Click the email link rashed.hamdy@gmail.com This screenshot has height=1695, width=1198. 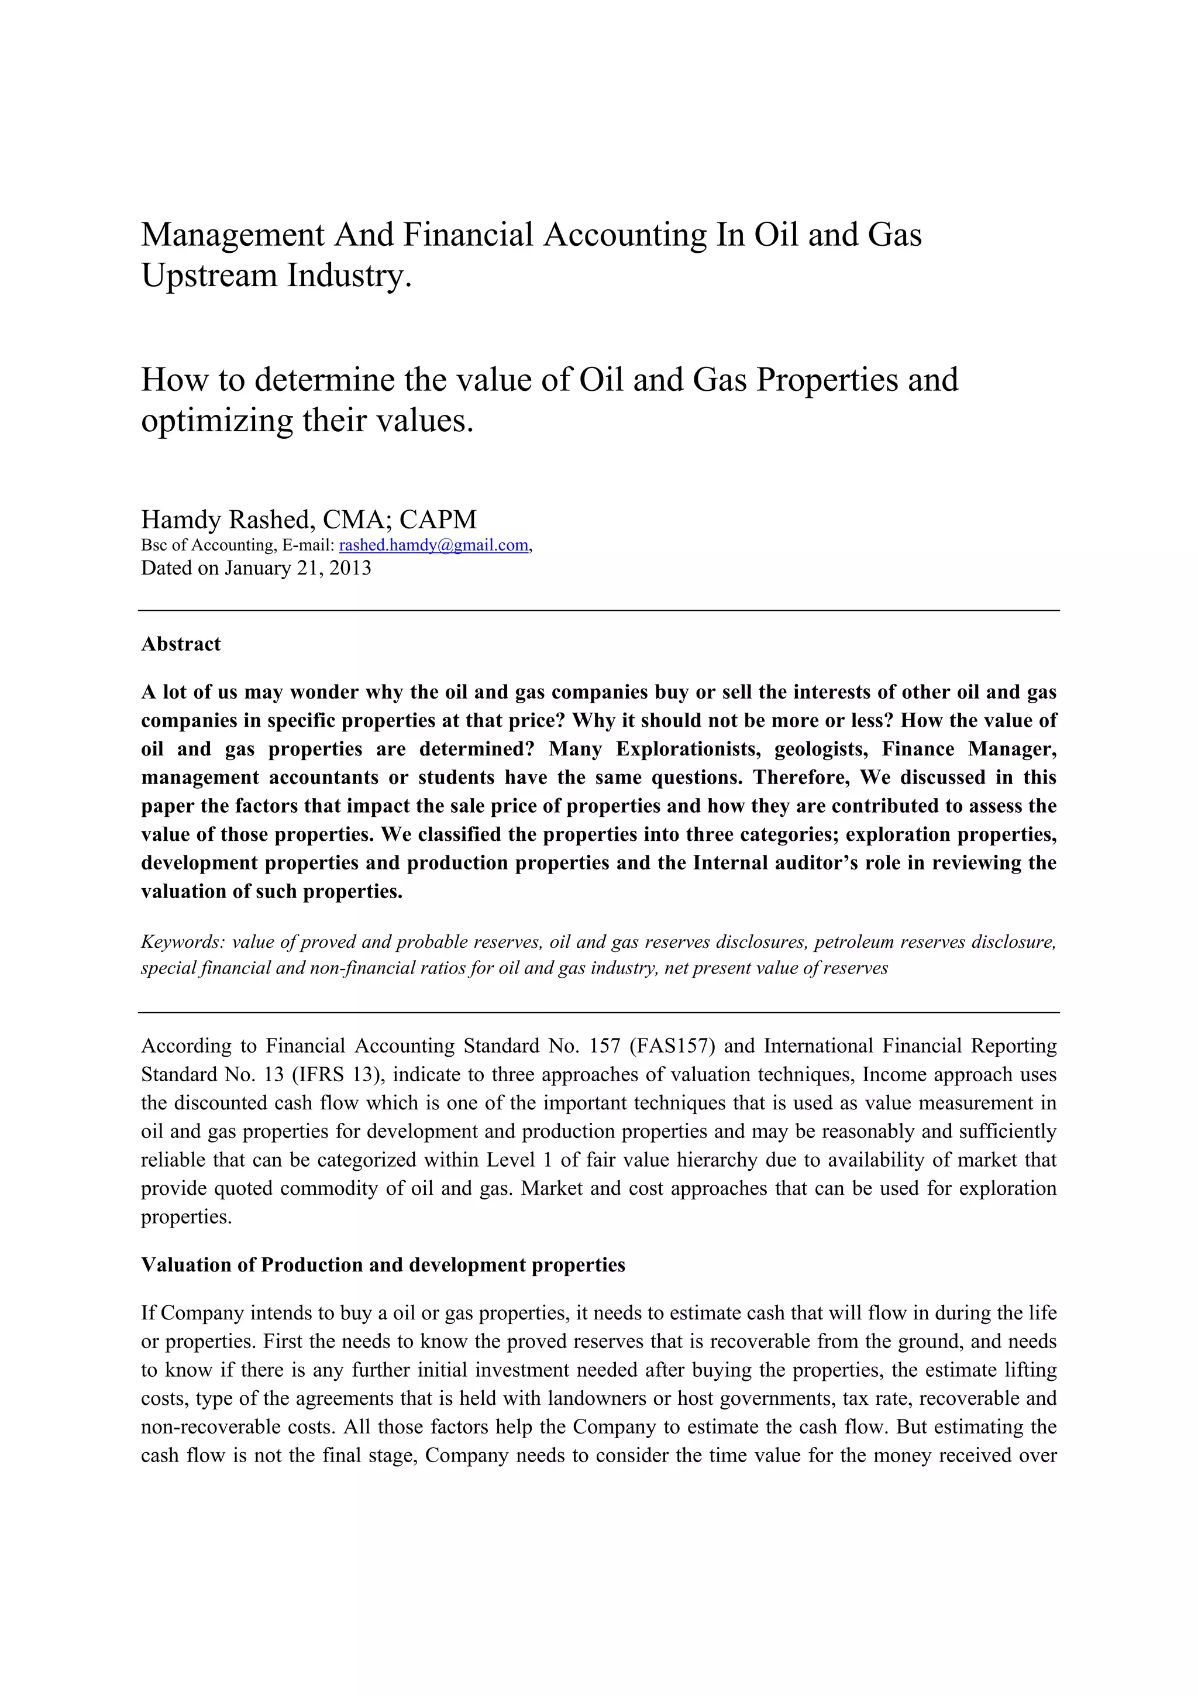click(433, 545)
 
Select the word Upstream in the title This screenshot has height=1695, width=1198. click(209, 276)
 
